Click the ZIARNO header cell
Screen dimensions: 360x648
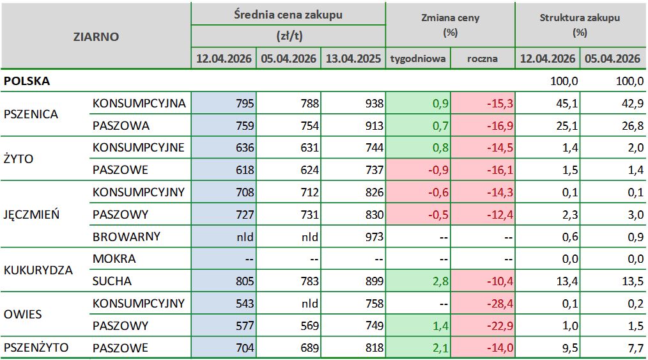point(96,36)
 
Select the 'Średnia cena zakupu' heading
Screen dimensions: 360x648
point(288,14)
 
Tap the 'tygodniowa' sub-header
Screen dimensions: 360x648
point(418,59)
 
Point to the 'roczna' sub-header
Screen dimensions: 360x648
point(482,59)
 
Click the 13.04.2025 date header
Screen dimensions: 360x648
point(353,59)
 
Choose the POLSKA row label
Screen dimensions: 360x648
point(27,81)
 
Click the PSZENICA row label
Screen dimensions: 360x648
point(31,114)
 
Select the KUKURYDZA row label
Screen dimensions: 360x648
point(38,270)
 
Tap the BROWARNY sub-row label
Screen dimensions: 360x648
point(127,237)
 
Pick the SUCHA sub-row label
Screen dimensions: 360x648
point(112,281)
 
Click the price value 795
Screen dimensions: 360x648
point(245,104)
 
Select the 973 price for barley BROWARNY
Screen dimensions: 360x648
point(373,237)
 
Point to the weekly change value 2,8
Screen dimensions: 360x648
point(441,281)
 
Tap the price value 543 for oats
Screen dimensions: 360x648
point(245,303)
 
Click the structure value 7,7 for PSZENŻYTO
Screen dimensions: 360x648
point(634,348)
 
